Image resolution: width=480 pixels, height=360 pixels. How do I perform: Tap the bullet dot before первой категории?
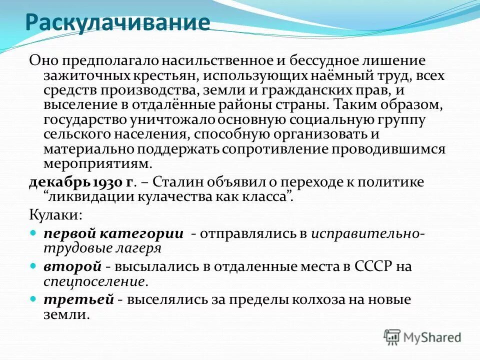click(33, 233)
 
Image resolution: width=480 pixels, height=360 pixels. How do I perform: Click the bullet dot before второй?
click(33, 266)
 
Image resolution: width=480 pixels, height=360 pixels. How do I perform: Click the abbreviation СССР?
click(367, 266)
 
